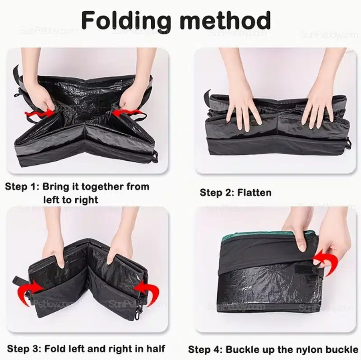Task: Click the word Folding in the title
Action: coord(126,21)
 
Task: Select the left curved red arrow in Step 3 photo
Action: coord(29,291)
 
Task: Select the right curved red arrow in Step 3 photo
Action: coord(148,291)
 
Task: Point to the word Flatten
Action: coord(254,192)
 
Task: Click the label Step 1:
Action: coord(22,187)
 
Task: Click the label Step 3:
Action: coord(24,349)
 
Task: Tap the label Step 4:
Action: coord(205,349)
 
